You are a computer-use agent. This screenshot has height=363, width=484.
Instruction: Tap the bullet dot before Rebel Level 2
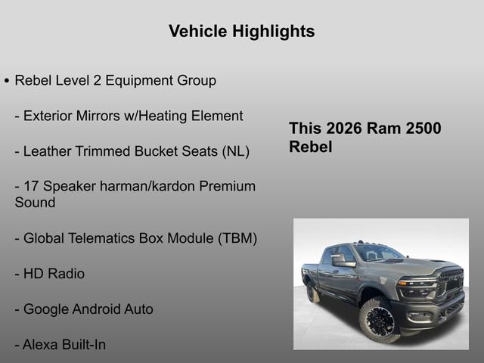point(7,80)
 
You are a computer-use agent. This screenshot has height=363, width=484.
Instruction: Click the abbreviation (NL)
point(235,151)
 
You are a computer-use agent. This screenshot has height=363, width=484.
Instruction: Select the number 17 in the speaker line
point(32,186)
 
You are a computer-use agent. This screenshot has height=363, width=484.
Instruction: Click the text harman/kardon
point(153,186)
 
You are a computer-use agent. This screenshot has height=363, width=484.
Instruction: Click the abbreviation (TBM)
point(237,238)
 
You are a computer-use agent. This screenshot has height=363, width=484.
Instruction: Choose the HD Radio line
point(49,274)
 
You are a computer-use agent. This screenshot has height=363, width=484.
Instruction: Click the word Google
point(48,309)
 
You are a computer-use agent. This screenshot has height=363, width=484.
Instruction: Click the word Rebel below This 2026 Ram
point(310,147)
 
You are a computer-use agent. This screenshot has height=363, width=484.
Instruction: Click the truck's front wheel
point(376,319)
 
